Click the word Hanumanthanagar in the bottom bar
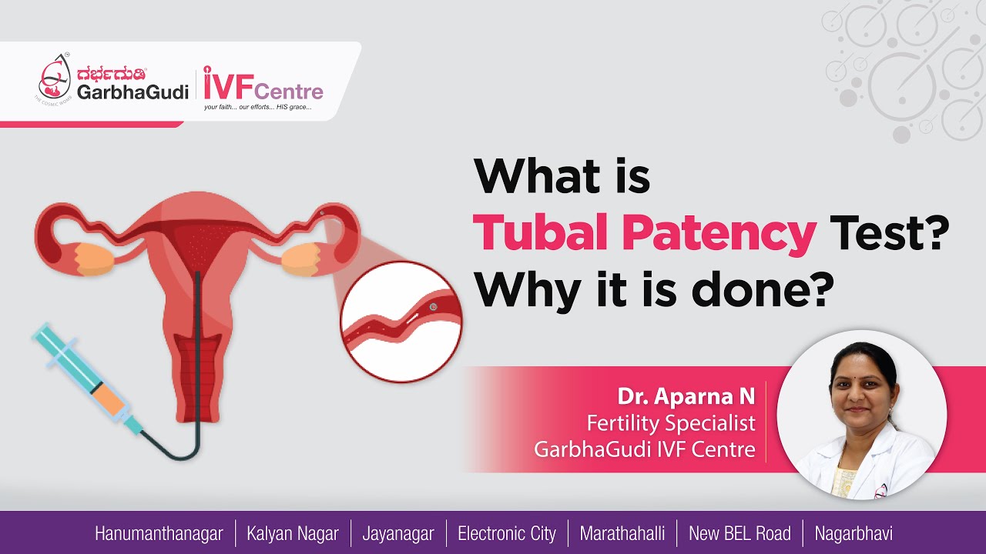click(159, 533)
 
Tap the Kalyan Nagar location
click(293, 533)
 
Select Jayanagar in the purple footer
click(399, 533)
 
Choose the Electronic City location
click(506, 533)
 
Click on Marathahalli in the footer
click(622, 533)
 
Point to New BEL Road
click(739, 533)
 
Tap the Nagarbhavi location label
click(854, 533)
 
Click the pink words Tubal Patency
click(644, 232)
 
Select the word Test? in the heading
click(886, 232)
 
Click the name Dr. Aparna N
click(686, 396)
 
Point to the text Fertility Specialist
click(670, 422)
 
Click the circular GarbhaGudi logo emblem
click(55, 78)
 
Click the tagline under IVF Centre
click(257, 107)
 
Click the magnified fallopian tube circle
click(401, 321)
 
